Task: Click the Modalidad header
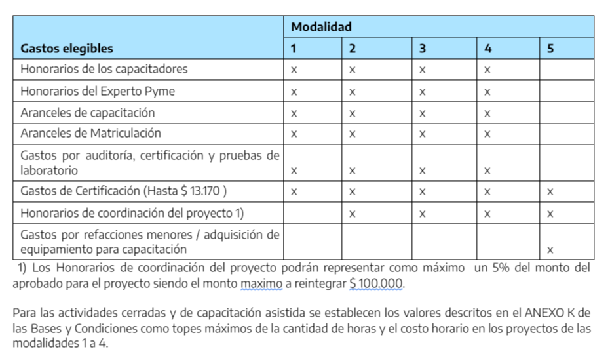pyautogui.click(x=321, y=27)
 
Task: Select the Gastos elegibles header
pyautogui.click(x=66, y=49)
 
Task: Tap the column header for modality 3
pyautogui.click(x=423, y=49)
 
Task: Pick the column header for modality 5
pyautogui.click(x=550, y=49)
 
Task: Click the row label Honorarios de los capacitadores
pyautogui.click(x=104, y=69)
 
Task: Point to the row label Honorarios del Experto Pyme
pyautogui.click(x=98, y=91)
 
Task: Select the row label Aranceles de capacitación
pyautogui.click(x=88, y=112)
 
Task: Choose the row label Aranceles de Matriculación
pyautogui.click(x=90, y=133)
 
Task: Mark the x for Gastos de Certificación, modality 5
pyautogui.click(x=550, y=192)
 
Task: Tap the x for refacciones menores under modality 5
pyautogui.click(x=550, y=250)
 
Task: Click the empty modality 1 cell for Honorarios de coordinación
pyautogui.click(x=313, y=213)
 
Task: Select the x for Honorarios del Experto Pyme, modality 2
pyautogui.click(x=352, y=92)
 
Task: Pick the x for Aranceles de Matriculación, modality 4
pyautogui.click(x=487, y=134)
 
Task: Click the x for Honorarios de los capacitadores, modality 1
pyautogui.click(x=294, y=70)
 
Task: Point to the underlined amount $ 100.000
pyautogui.click(x=377, y=284)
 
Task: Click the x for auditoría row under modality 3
pyautogui.click(x=423, y=171)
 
